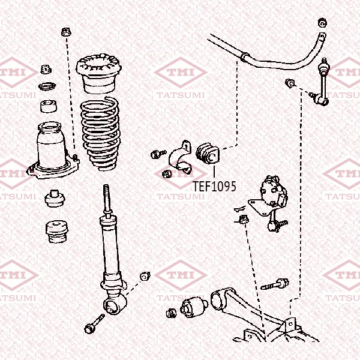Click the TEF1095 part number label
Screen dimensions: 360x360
point(214,186)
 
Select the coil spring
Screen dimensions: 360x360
point(100,134)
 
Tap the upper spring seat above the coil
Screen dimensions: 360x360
point(99,73)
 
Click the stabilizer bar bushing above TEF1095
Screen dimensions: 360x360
point(208,153)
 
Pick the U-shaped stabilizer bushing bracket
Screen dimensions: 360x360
point(181,157)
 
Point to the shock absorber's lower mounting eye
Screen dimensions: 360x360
point(115,304)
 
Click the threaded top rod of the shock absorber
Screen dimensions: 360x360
point(107,200)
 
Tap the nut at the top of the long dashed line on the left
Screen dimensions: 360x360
point(66,32)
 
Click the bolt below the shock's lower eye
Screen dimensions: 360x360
point(94,324)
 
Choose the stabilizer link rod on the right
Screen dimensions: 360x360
point(323,83)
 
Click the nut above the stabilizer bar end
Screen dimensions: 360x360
point(322,23)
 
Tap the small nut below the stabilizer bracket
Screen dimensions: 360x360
point(167,174)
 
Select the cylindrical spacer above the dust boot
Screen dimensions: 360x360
point(49,106)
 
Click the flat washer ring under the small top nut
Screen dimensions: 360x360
point(47,86)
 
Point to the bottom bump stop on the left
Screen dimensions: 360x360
point(56,232)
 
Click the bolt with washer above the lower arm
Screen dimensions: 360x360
point(275,284)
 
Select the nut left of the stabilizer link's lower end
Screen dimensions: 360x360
point(290,83)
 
